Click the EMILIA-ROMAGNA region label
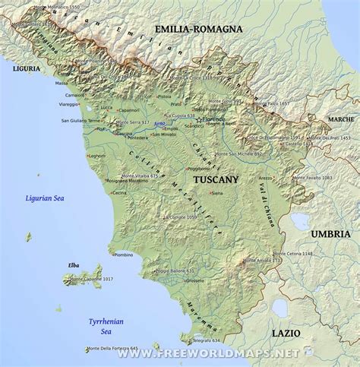(x=198, y=29)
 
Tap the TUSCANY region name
(x=216, y=180)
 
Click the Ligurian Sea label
(x=46, y=198)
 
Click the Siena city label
(x=217, y=195)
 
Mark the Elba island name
(x=73, y=265)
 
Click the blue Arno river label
(x=159, y=123)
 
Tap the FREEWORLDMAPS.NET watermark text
(x=219, y=354)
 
